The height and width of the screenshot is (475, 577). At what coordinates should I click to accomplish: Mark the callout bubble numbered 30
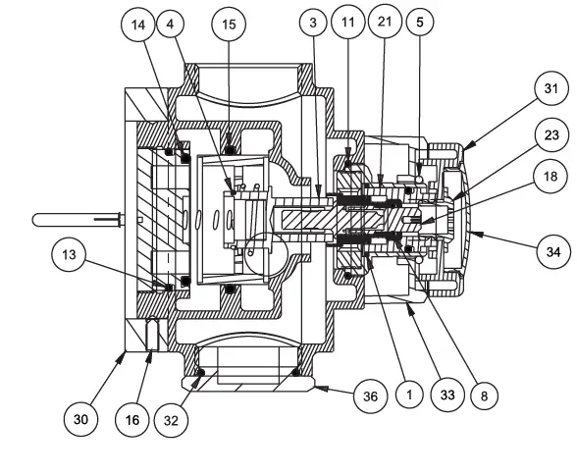81,417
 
